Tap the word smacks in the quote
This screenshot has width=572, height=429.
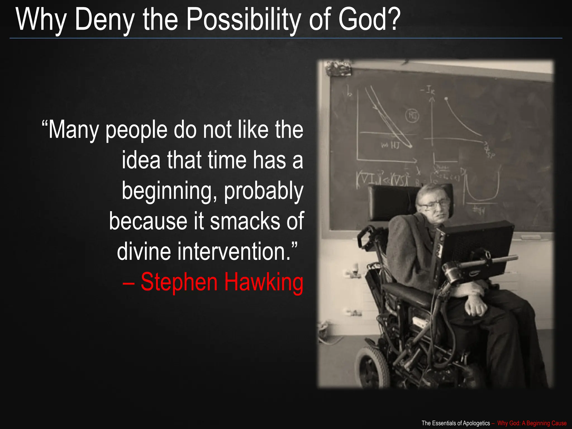245,221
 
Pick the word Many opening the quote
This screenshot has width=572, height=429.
73,130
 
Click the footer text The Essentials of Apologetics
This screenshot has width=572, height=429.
456,423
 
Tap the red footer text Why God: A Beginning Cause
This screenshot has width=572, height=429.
532,423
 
